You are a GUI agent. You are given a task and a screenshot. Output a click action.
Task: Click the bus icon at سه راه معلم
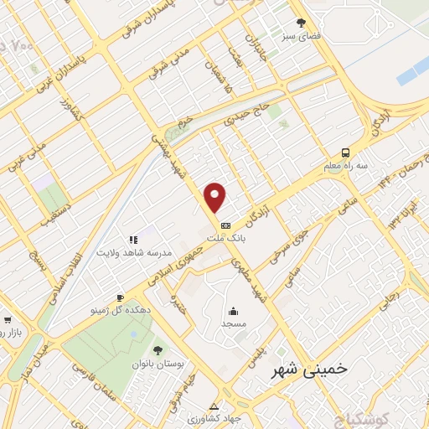tap(345, 153)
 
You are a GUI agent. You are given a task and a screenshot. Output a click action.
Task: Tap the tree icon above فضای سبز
tap(301, 23)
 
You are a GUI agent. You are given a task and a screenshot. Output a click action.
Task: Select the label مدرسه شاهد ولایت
tap(134, 252)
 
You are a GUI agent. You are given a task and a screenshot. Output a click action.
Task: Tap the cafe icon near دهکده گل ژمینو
tap(120, 298)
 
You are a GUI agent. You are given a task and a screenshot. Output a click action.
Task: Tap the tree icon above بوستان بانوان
tap(157, 350)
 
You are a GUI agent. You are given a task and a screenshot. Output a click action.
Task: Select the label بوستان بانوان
tap(155, 364)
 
